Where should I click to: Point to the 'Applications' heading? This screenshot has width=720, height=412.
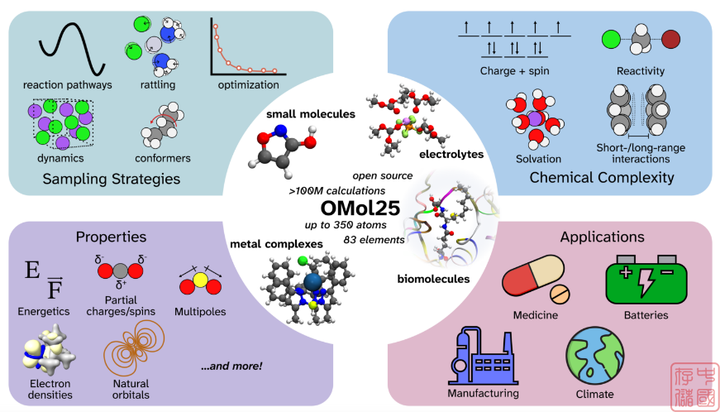click(x=603, y=237)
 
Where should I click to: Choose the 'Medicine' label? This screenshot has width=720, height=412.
click(x=535, y=315)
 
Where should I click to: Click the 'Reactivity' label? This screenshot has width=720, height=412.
click(x=641, y=71)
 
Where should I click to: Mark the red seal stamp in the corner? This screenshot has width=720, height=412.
click(x=694, y=384)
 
